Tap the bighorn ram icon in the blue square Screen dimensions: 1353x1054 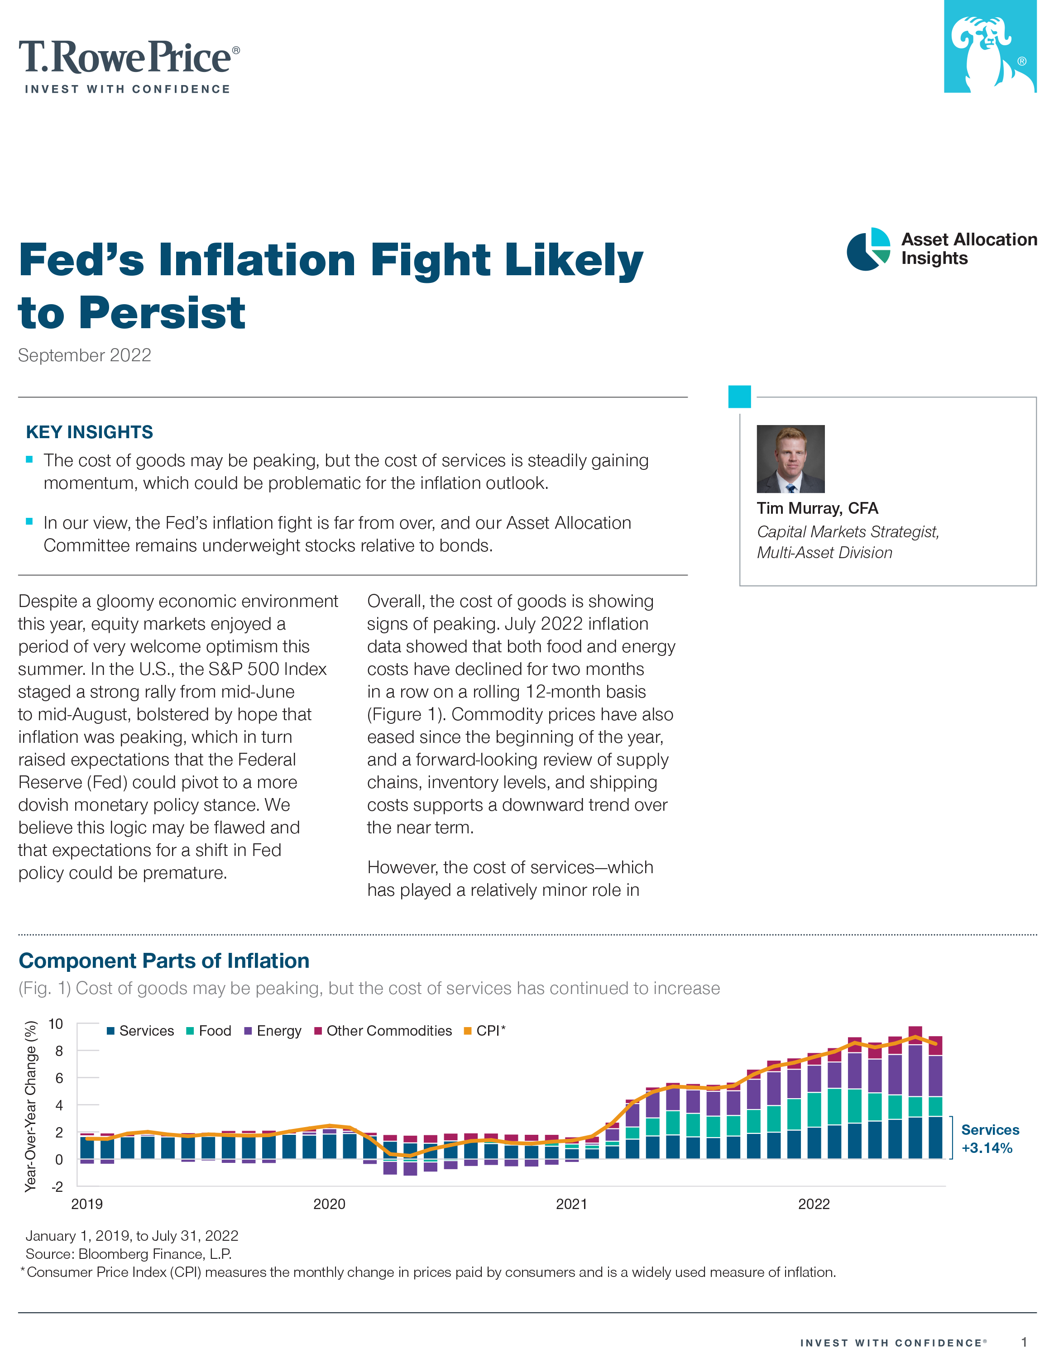click(990, 47)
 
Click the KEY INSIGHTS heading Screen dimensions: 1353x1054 click(89, 432)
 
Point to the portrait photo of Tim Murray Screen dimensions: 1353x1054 click(790, 459)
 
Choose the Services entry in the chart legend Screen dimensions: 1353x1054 click(141, 1031)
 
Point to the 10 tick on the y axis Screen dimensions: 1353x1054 click(56, 1024)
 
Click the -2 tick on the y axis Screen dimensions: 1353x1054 click(57, 1186)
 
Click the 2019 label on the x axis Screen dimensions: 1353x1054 click(87, 1205)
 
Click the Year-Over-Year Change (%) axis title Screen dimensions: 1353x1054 click(30, 1106)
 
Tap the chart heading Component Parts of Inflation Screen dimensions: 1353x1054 click(164, 961)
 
